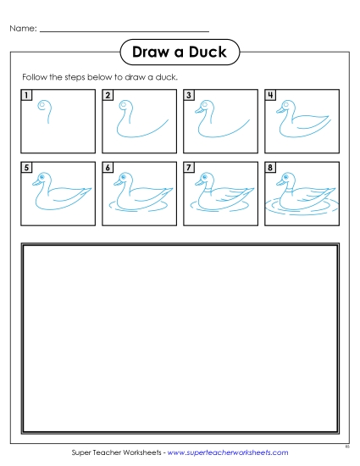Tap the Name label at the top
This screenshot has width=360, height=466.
[23, 29]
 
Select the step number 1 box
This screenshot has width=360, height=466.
[27, 96]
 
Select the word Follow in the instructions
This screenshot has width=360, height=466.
[33, 77]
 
